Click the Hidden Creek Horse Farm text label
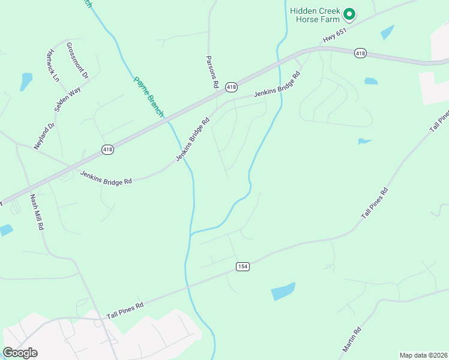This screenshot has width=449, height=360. point(316,14)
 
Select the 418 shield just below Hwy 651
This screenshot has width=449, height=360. point(360,53)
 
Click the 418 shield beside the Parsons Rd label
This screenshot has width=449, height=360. point(231,88)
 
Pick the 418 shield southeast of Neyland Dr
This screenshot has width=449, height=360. point(107,149)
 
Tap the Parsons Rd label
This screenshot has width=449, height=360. point(211,72)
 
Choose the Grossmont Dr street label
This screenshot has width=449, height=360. point(77,61)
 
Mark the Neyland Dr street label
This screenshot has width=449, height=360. point(44,137)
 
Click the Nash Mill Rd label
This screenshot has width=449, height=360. point(37,212)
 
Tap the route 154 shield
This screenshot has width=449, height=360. point(242,266)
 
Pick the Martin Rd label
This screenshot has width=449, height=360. point(352,340)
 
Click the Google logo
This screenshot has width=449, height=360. point(20,352)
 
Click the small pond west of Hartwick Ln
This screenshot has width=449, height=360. point(26,81)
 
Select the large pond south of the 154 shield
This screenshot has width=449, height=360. point(283,291)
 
